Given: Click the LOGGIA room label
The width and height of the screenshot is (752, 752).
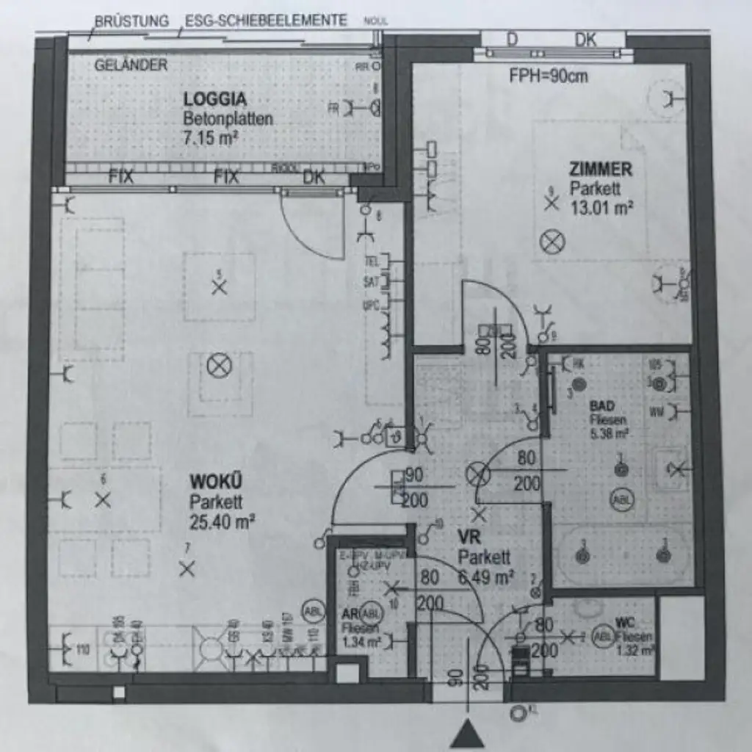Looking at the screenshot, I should click(214, 99).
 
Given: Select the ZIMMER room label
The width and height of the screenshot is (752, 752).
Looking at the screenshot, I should click(600, 170).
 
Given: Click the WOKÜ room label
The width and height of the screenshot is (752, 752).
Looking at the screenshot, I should click(215, 482).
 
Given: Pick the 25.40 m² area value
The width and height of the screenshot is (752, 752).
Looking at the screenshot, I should click(222, 522).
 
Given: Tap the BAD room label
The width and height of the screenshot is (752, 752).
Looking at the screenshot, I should click(601, 406).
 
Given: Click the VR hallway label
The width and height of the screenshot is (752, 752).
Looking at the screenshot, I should click(469, 537).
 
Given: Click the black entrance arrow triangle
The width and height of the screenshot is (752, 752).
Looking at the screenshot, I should click(467, 734).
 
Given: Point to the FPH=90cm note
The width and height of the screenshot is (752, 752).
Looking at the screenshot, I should click(548, 76).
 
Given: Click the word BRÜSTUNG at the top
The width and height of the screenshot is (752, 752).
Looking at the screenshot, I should click(131, 21).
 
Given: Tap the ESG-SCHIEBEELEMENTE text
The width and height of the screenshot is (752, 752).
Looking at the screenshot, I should click(266, 21).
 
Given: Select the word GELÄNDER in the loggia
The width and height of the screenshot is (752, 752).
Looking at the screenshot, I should click(131, 65).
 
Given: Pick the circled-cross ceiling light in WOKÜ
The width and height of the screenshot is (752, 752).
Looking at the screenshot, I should click(218, 365).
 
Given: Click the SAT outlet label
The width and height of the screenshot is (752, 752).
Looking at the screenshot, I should click(371, 281).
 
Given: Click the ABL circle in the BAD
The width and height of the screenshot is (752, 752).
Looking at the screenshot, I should click(620, 499).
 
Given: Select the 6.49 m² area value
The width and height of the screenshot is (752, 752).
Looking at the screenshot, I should click(485, 577).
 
